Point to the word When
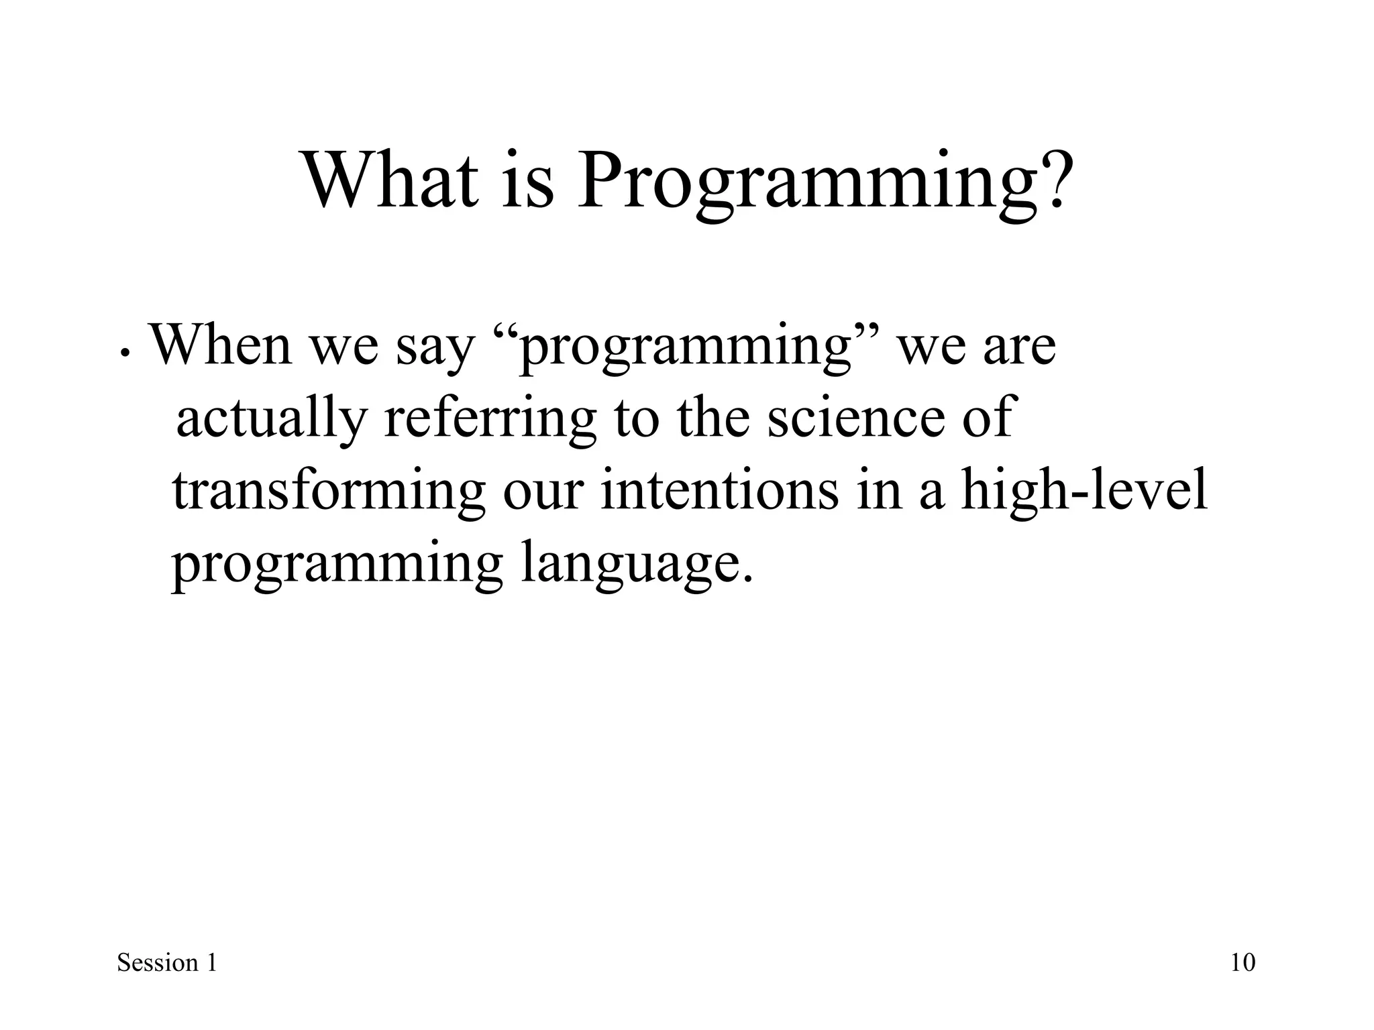[220, 345]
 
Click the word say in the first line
[434, 349]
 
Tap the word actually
[271, 420]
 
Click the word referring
[490, 420]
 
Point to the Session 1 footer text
[167, 963]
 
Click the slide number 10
[1243, 963]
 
